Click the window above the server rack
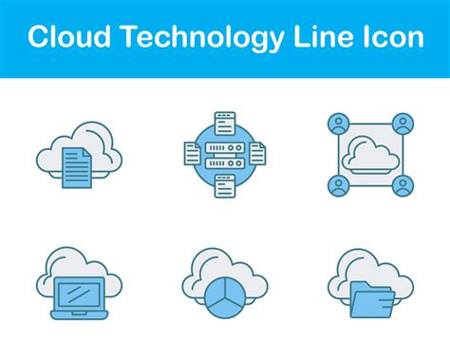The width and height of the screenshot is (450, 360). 224,121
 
